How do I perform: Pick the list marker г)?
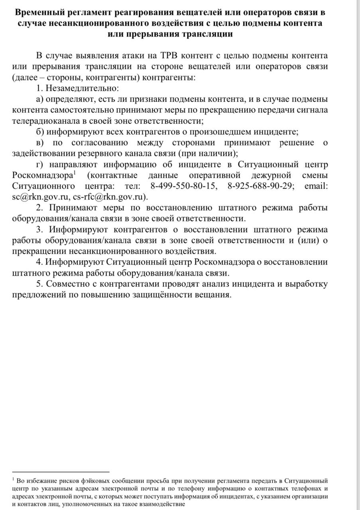40,164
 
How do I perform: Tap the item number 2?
39,208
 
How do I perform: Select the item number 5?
39,284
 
